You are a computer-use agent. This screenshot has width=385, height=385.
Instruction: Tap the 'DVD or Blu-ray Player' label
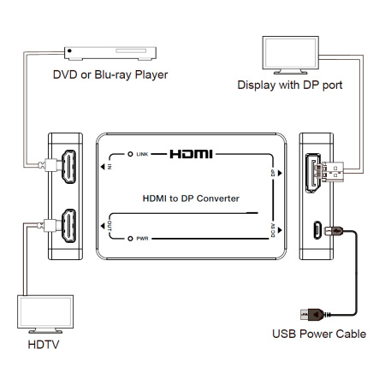(110, 74)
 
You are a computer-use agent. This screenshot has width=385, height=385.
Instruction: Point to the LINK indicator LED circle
(131, 155)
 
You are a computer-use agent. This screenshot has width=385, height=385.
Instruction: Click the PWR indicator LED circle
(131, 240)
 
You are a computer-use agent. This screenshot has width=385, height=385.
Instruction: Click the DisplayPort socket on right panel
(317, 173)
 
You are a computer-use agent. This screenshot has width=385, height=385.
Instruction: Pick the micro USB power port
(317, 229)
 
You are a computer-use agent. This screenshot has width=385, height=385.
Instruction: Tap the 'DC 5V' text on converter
(273, 229)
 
